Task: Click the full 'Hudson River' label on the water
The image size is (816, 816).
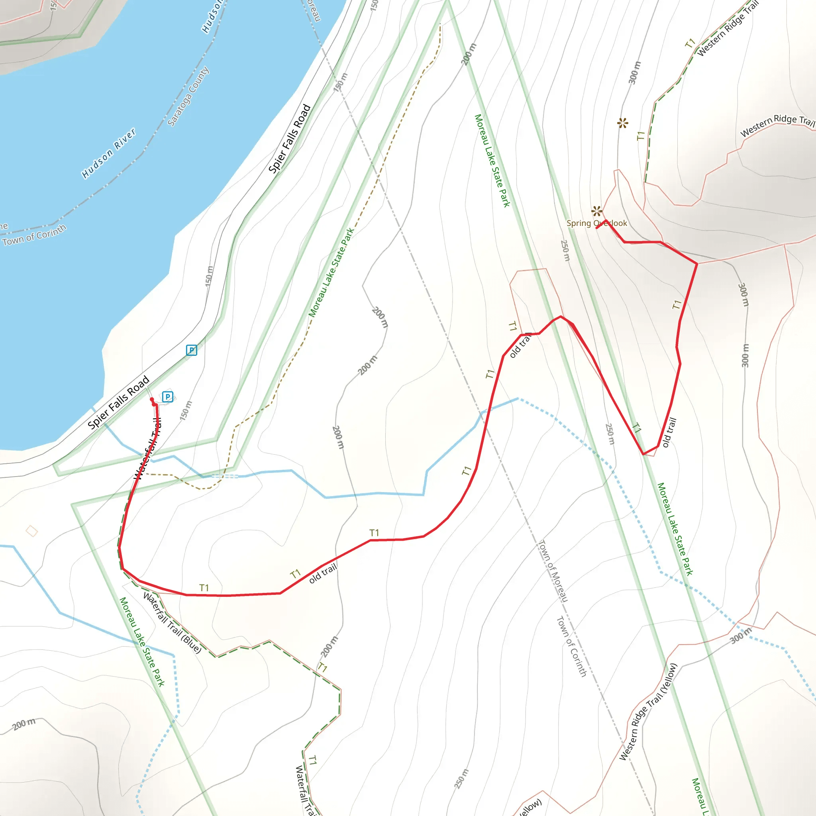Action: click(x=109, y=153)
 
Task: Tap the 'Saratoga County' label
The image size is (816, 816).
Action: click(x=188, y=96)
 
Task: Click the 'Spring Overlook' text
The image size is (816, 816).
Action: click(x=596, y=224)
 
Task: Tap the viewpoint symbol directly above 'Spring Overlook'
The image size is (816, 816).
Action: click(x=597, y=211)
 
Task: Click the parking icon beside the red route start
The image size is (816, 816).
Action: click(x=168, y=396)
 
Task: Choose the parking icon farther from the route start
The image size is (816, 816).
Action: click(x=191, y=350)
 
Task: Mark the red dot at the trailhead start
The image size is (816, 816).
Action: click(x=153, y=400)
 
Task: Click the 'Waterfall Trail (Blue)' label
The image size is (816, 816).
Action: click(x=172, y=623)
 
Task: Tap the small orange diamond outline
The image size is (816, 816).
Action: click(x=32, y=531)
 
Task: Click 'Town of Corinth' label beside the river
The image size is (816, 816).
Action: click(x=34, y=235)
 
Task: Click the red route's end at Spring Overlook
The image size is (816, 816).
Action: click(x=597, y=228)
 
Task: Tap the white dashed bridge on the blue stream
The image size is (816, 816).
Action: click(x=225, y=476)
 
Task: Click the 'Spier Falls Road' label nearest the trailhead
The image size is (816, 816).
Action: click(x=119, y=402)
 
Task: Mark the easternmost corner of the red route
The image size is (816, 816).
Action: click(x=697, y=264)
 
